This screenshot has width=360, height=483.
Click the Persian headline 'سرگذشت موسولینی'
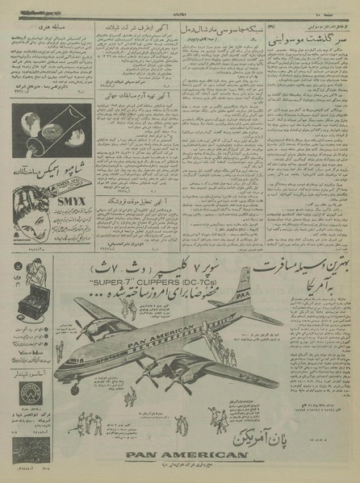pyautogui.click(x=298, y=39)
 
